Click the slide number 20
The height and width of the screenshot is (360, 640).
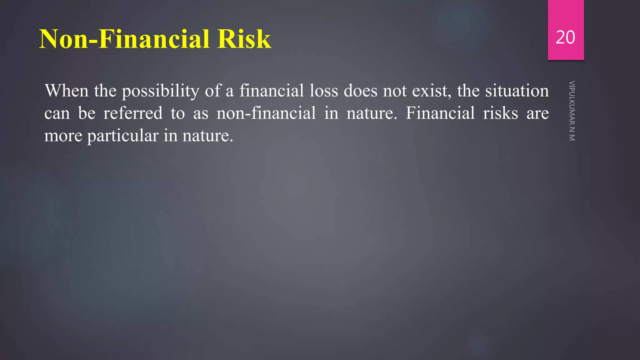click(x=565, y=37)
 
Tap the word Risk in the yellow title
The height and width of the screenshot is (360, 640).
click(x=244, y=39)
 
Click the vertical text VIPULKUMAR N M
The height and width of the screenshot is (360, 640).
click(x=572, y=111)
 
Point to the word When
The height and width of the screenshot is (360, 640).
click(x=67, y=91)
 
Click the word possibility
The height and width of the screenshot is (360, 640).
click(x=160, y=92)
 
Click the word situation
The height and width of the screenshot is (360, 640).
click(x=517, y=91)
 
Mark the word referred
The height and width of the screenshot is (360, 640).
click(x=133, y=113)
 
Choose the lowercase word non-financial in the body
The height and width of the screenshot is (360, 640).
click(x=266, y=113)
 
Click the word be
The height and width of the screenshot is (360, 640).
click(x=87, y=113)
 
